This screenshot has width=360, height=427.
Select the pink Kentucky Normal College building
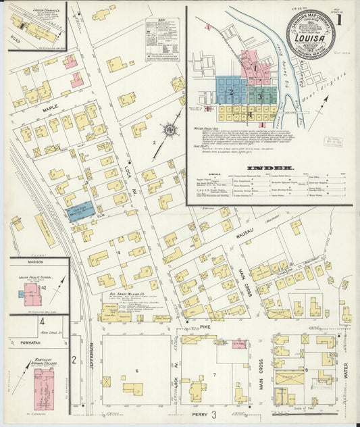click(44, 383)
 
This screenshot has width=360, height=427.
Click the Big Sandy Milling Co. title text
click(129, 295)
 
